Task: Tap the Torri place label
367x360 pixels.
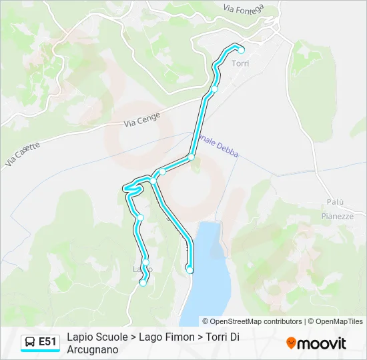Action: tap(240, 64)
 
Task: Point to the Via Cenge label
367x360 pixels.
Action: tap(141, 119)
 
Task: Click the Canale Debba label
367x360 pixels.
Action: tap(220, 143)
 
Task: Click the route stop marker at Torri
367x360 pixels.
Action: tap(242, 50)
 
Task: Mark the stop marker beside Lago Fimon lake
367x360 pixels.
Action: tap(190, 270)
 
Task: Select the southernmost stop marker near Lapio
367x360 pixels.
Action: tap(142, 283)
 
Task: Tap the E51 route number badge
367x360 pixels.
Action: tap(48, 342)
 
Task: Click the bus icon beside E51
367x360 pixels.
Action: tap(31, 342)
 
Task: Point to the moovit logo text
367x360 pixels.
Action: tap(322, 343)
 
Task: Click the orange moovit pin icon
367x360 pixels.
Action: tap(291, 343)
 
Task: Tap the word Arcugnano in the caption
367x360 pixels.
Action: tap(93, 349)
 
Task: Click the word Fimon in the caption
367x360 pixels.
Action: tap(177, 337)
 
